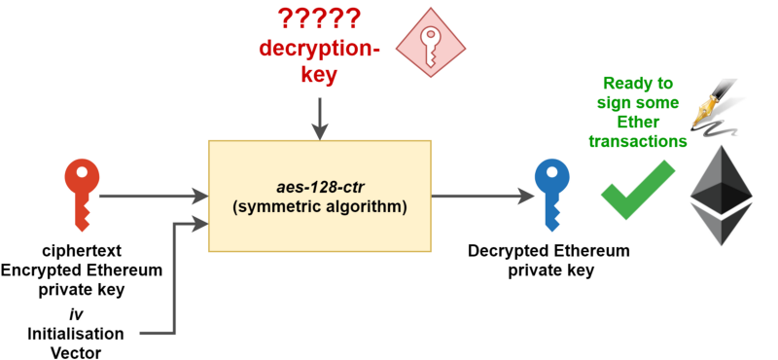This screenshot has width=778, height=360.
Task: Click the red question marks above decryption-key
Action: [x=318, y=18]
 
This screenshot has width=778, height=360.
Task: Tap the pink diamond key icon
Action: [x=430, y=43]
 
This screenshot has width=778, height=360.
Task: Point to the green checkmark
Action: [x=638, y=190]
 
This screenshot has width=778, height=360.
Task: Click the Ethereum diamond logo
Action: [x=722, y=196]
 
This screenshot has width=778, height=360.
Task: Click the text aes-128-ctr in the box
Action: [x=319, y=188]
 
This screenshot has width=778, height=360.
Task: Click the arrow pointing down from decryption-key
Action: [x=320, y=119]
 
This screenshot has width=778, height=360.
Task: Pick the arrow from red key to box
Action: [x=154, y=197]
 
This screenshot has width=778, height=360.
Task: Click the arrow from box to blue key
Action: [x=482, y=197]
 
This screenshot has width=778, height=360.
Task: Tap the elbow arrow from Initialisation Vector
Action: [x=174, y=279]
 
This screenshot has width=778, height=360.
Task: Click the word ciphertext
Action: [x=82, y=250]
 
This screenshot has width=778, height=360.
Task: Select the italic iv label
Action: [x=75, y=314]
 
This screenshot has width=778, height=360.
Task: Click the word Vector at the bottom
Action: [x=76, y=352]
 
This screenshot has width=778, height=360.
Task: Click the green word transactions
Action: [x=638, y=141]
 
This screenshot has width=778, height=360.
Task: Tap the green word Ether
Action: [x=638, y=122]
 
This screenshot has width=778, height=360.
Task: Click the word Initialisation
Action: [x=76, y=334]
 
